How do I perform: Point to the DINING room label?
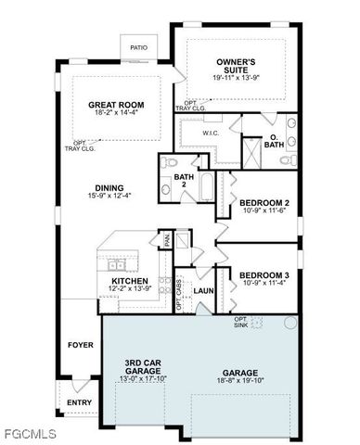pyautogui.click(x=109, y=185)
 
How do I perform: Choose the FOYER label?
pyautogui.click(x=81, y=346)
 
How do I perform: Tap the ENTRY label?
pyautogui.click(x=79, y=402)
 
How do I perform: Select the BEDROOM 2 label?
pyautogui.click(x=264, y=202)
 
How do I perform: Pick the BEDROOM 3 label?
pyautogui.click(x=264, y=274)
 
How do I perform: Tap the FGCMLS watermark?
pyautogui.click(x=30, y=433)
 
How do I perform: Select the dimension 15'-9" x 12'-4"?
pyautogui.click(x=109, y=195)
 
